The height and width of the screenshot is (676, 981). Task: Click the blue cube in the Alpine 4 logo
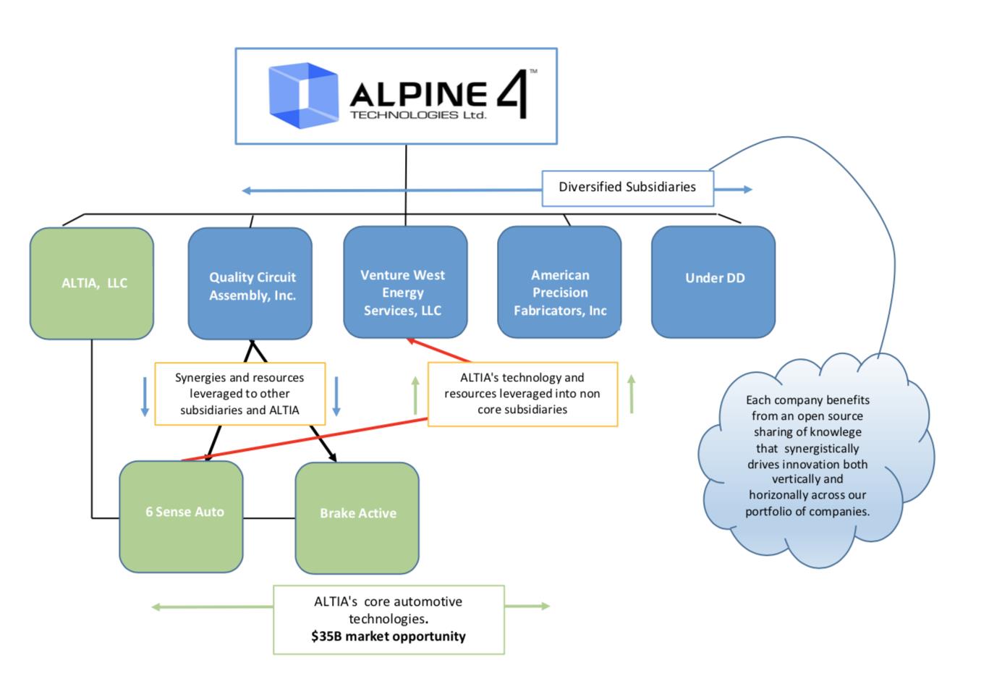(x=303, y=96)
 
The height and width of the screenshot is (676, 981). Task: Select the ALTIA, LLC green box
(x=92, y=283)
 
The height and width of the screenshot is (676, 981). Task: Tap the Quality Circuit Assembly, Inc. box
(x=250, y=284)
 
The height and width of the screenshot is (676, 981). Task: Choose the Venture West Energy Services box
(x=405, y=282)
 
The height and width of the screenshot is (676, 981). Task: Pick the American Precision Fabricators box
(x=559, y=282)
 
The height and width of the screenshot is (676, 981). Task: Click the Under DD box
(x=713, y=282)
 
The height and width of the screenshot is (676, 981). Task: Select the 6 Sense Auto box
(x=181, y=516)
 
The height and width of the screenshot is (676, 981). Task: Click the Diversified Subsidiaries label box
(x=627, y=187)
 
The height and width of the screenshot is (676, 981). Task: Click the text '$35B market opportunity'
(x=388, y=637)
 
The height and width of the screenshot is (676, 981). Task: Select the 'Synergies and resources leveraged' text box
(x=240, y=394)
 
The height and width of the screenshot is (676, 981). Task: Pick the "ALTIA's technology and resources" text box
(x=522, y=394)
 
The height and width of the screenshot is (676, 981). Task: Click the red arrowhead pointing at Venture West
(x=410, y=341)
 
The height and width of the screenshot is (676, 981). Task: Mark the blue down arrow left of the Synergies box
(x=145, y=397)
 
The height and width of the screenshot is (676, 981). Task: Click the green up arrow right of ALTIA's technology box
(x=632, y=394)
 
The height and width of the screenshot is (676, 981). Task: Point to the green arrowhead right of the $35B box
(x=544, y=606)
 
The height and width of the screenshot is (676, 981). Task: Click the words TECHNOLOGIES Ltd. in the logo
(x=417, y=115)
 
